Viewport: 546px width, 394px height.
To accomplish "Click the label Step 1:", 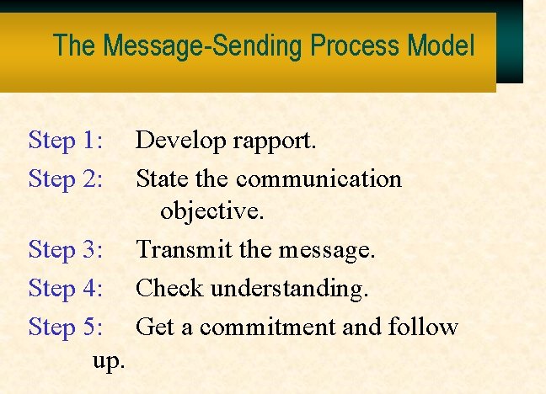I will tap(66, 140).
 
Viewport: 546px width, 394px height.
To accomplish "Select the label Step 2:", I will tap(66, 178).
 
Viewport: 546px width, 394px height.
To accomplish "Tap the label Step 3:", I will tap(66, 249).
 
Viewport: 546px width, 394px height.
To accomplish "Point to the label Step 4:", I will tap(66, 288).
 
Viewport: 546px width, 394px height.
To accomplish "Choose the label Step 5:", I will tap(66, 327).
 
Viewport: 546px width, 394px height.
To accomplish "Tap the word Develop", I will tap(178, 141).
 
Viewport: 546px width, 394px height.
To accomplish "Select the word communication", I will tap(319, 178).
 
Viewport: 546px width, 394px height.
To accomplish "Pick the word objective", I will tap(212, 212).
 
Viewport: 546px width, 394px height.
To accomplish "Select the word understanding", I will tap(290, 289).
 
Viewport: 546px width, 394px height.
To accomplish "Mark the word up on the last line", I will tap(109, 363).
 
